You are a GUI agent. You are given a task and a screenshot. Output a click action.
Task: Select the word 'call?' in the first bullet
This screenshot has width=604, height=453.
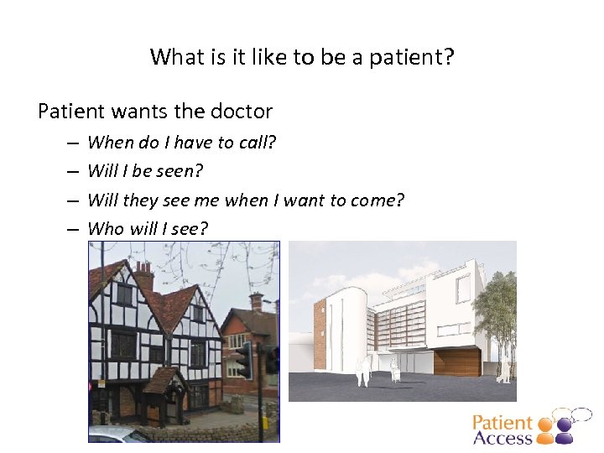pos(258,143)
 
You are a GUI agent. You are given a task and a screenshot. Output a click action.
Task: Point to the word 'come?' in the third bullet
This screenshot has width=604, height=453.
pos(379,200)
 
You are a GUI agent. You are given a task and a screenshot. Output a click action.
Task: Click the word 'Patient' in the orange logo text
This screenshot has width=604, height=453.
pos(502,424)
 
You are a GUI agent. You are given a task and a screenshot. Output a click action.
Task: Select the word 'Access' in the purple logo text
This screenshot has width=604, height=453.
pos(502,437)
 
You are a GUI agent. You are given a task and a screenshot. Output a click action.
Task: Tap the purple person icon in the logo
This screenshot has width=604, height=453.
pos(565,430)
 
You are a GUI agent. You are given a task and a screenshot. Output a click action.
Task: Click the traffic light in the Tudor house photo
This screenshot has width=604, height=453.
pos(243,358)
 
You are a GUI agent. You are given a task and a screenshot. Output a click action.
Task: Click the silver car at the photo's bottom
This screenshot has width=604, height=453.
pos(117,435)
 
